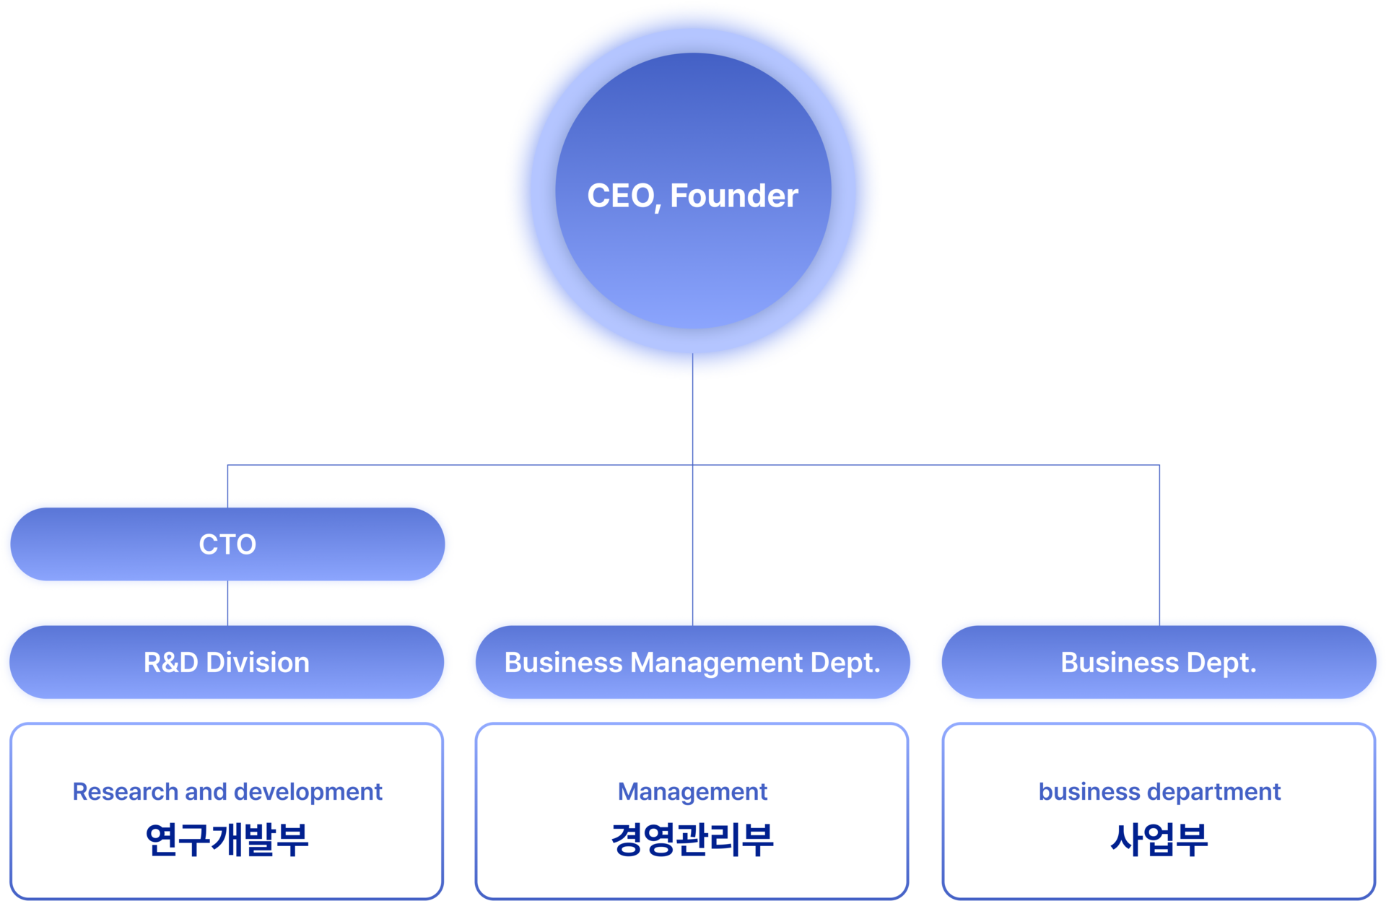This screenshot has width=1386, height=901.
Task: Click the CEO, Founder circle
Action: coord(693,191)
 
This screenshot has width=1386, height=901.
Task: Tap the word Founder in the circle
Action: coord(734,196)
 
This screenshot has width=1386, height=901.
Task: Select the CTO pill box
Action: coord(227,544)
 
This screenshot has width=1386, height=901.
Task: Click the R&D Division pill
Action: coord(227,662)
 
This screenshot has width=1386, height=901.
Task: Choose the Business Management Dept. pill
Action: coord(693,662)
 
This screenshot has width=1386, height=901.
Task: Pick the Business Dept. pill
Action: coord(1159,662)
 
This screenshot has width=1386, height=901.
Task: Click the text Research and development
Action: coord(227,792)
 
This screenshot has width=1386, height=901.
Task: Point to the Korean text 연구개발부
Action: coord(227,839)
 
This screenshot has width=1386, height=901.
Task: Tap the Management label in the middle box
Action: coord(692,793)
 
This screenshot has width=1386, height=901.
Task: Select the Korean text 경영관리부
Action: coord(692,839)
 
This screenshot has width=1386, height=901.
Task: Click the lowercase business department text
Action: coord(1159,792)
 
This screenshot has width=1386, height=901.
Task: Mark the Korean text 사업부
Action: coord(1159,839)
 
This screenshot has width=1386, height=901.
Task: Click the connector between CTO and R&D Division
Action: coord(227,604)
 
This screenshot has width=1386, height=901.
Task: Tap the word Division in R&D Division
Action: coord(258,663)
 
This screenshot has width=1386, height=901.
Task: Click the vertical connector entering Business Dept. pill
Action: coord(1159,545)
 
